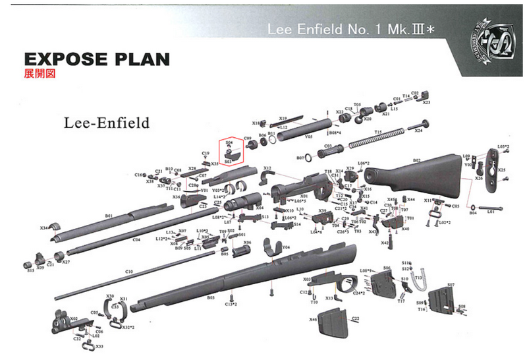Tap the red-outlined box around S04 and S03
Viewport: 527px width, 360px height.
click(x=230, y=151)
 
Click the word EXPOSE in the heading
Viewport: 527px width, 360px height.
click(x=59, y=59)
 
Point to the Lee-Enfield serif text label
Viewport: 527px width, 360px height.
click(x=105, y=123)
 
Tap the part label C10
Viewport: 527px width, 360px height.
click(x=129, y=272)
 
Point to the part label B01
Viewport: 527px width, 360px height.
click(x=109, y=216)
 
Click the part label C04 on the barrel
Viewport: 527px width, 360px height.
click(x=136, y=240)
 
